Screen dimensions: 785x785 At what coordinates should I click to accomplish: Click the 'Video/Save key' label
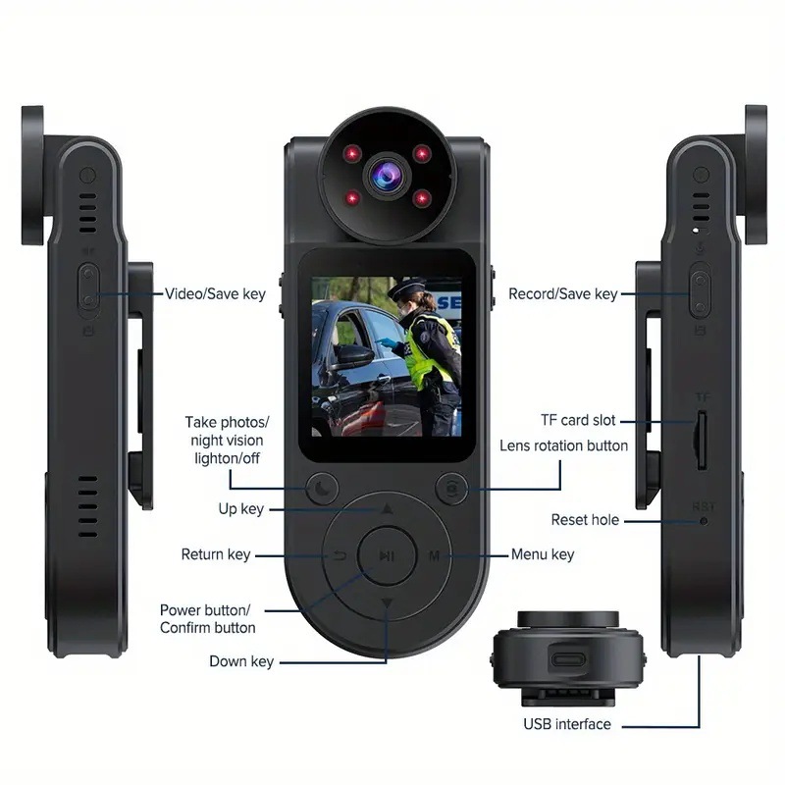pyautogui.click(x=215, y=293)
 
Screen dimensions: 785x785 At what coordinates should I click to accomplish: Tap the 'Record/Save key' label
pyautogui.click(x=562, y=293)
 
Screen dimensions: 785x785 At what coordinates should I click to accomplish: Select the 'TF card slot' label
pyautogui.click(x=578, y=420)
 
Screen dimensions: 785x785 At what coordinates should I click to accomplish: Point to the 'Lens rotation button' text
pyautogui.click(x=563, y=445)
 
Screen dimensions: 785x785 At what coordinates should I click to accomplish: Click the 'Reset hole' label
pyautogui.click(x=585, y=520)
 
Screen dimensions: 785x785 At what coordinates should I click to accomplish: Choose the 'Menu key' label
pyautogui.click(x=543, y=554)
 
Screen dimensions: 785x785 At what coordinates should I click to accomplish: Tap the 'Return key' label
pyautogui.click(x=215, y=554)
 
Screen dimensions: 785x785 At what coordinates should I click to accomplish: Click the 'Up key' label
pyautogui.click(x=239, y=508)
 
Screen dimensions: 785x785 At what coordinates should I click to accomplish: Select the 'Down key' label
pyautogui.click(x=241, y=661)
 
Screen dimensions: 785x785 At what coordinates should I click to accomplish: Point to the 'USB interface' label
pyautogui.click(x=566, y=724)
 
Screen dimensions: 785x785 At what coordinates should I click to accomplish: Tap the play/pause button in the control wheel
pyautogui.click(x=388, y=555)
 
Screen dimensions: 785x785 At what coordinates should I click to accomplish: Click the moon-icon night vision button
pyautogui.click(x=323, y=487)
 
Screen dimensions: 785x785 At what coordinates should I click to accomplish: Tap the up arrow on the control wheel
pyautogui.click(x=388, y=510)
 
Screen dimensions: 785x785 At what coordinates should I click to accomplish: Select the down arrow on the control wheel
pyautogui.click(x=388, y=602)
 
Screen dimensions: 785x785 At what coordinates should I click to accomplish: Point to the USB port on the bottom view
pyautogui.click(x=569, y=657)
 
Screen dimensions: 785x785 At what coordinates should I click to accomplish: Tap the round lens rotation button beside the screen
pyautogui.click(x=451, y=488)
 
